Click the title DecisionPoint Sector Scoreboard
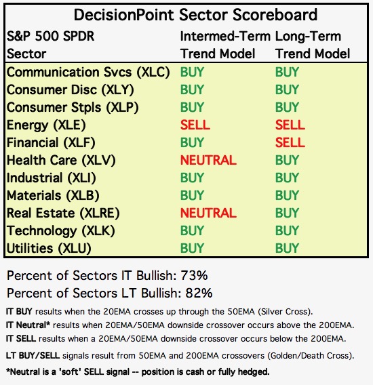pyautogui.click(x=195, y=15)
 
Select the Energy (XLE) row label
pyautogui.click(x=46, y=125)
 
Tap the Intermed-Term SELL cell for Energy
pyautogui.click(x=195, y=125)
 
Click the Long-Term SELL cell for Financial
pyautogui.click(x=290, y=142)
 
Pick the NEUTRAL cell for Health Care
pyautogui.click(x=208, y=161)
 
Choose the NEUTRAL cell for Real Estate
pyautogui.click(x=208, y=213)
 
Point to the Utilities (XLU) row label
pyautogui.click(x=49, y=249)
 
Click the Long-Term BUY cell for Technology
pyautogui.click(x=287, y=231)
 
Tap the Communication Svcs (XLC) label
pyautogui.click(x=88, y=73)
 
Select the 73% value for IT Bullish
pyautogui.click(x=194, y=275)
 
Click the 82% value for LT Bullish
pyautogui.click(x=199, y=293)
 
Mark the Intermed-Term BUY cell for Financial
pyautogui.click(x=192, y=142)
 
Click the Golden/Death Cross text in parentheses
pyautogui.click(x=310, y=356)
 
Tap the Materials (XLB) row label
pyautogui.click(x=53, y=196)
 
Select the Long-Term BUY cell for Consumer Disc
pyautogui.click(x=287, y=89)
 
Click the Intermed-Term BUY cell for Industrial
pyautogui.click(x=192, y=178)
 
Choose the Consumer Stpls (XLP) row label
pyautogui.click(x=73, y=108)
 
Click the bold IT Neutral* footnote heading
pyautogui.click(x=28, y=325)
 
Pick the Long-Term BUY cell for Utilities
pyautogui.click(x=287, y=249)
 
